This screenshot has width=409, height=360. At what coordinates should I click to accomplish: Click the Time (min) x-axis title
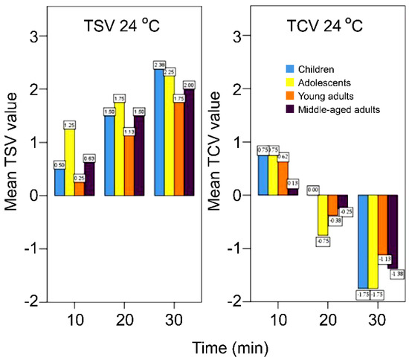pos(223,346)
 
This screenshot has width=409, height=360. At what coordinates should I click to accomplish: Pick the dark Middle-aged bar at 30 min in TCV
pos(392,231)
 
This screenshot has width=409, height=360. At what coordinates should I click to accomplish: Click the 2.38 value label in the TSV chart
pos(159,65)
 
